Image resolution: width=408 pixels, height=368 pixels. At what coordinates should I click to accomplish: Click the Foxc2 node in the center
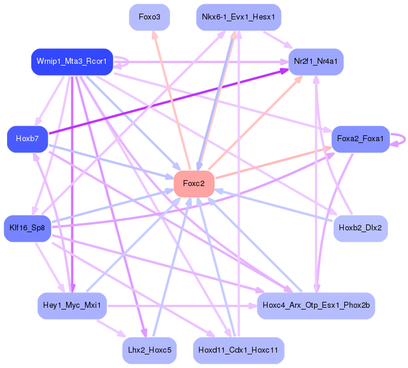[194, 184]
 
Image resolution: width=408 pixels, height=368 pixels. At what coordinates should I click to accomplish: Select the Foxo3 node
[149, 17]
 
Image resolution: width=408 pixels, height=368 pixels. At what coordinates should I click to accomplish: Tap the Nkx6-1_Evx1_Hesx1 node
[238, 17]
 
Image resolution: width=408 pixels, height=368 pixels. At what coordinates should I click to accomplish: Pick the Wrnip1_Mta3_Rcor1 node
[71, 61]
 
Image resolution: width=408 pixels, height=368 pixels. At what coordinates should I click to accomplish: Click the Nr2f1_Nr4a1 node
[315, 61]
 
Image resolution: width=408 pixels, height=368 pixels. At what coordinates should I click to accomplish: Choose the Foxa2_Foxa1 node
[360, 139]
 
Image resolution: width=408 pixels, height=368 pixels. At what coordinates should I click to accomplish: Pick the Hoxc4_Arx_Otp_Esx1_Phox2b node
[315, 305]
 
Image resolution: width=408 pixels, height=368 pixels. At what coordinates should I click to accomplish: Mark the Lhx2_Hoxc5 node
[149, 350]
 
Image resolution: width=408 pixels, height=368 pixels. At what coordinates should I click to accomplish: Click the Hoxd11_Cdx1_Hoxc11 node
[238, 350]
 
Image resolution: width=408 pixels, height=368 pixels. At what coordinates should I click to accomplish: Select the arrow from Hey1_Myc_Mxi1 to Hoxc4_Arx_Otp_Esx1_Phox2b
[177, 305]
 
